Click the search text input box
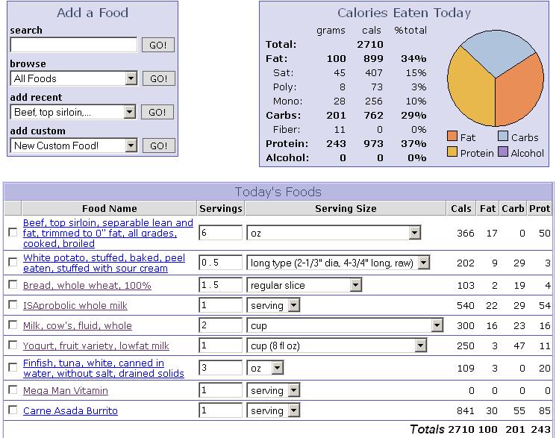point(73,45)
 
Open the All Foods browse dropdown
point(74,78)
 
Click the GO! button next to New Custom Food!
point(157,146)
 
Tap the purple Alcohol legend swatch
point(502,152)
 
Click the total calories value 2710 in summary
point(370,44)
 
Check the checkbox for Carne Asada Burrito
point(12,410)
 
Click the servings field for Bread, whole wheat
point(220,285)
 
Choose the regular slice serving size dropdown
point(304,285)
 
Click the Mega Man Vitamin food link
point(66,390)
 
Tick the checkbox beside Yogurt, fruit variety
point(12,345)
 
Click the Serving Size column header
point(346,208)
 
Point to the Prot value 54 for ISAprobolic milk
point(543,305)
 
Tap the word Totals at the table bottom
point(427,429)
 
